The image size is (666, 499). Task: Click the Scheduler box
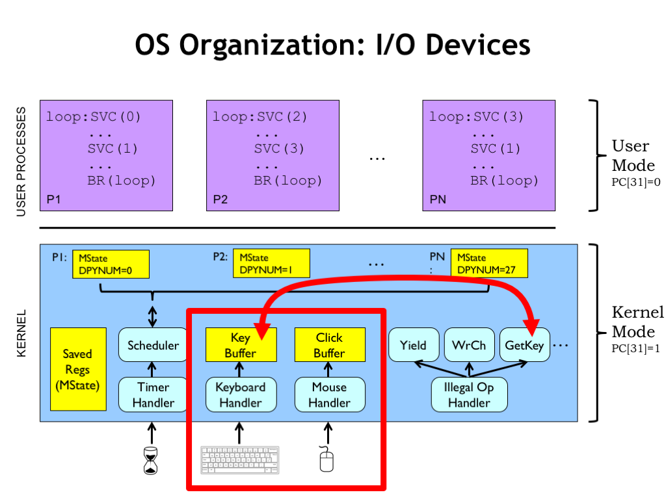tap(153, 345)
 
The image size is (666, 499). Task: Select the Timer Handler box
tap(153, 394)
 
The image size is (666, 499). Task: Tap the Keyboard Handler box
tap(241, 394)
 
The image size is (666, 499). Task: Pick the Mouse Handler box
tap(329, 394)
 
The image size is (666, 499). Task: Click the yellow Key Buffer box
tap(241, 345)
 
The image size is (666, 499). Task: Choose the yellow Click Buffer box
tap(329, 345)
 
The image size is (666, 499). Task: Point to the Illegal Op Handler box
tap(469, 394)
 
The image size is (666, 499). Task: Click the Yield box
tap(414, 345)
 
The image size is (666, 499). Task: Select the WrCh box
tap(469, 345)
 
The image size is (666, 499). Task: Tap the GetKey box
tap(524, 345)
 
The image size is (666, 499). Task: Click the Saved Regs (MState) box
tap(78, 369)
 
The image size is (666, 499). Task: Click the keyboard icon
tap(240, 459)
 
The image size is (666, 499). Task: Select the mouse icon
tap(326, 459)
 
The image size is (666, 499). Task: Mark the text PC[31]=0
tap(635, 183)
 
